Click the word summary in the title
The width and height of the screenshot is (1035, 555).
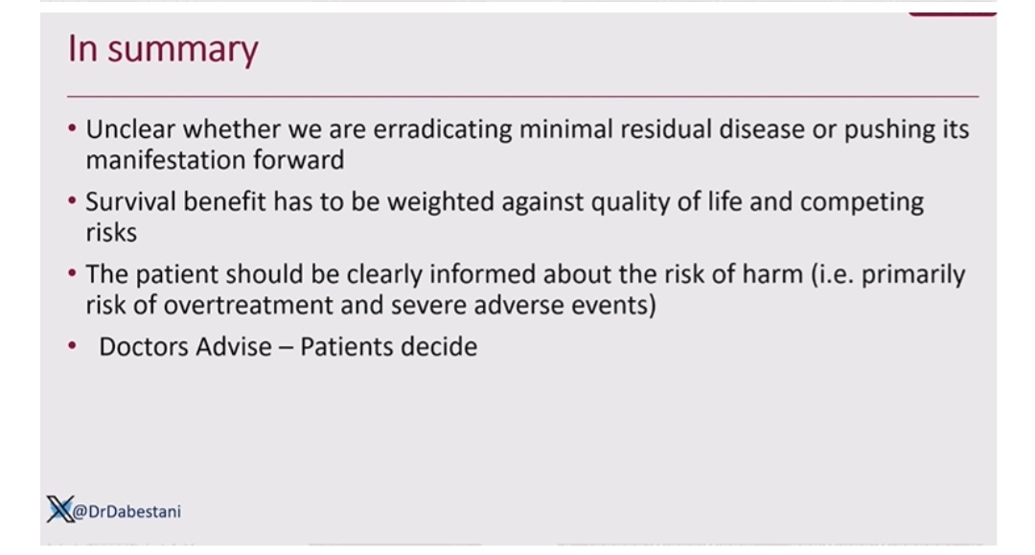click(183, 51)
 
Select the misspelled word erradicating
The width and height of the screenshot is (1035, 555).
click(442, 129)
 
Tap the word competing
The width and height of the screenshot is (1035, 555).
click(862, 202)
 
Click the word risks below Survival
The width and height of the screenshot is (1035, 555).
click(111, 232)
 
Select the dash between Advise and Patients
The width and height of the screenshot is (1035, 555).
click(286, 348)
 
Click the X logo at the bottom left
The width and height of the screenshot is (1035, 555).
click(60, 509)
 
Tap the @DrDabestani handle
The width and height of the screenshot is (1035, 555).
click(126, 512)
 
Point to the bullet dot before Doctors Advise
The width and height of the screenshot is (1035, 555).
click(72, 345)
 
